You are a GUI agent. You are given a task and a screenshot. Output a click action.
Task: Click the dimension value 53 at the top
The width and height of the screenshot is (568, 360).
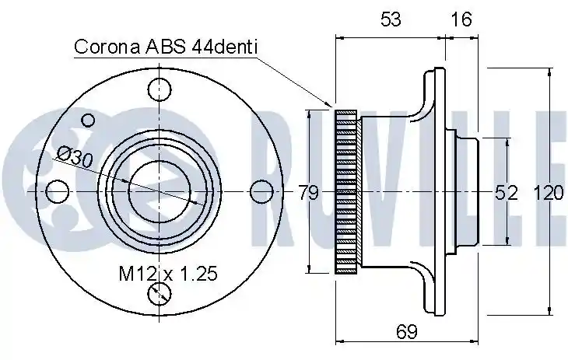tap(391, 19)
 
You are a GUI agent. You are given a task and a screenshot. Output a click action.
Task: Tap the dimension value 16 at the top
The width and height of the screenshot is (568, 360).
tap(461, 19)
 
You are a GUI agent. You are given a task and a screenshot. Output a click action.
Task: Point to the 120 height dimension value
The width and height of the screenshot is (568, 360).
tap(549, 192)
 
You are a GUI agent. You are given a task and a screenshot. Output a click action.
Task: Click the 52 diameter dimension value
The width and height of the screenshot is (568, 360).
tap(507, 192)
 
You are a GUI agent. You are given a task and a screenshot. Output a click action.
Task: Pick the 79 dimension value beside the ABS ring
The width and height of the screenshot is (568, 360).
tap(308, 192)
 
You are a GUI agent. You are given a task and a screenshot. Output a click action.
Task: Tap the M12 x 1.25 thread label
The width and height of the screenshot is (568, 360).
tap(168, 274)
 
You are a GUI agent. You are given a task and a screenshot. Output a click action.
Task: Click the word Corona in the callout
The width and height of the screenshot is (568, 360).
tap(107, 47)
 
